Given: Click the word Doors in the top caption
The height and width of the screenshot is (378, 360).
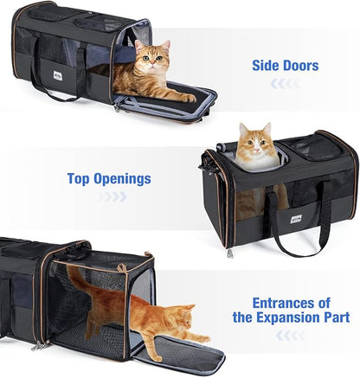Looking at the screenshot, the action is coord(301,66).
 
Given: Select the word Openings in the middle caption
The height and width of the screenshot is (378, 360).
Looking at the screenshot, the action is coord(122,179).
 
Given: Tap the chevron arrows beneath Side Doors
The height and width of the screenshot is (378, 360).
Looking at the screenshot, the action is coord(285,84).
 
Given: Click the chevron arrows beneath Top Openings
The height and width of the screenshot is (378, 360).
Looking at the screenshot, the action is coord(112,196).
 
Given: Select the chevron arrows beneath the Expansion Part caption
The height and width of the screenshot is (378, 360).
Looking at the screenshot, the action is coord(290,336).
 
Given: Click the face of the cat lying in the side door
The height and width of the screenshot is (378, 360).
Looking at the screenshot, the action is coord(152,59).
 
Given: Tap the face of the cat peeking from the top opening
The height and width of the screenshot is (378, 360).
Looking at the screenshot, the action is coord(255,144).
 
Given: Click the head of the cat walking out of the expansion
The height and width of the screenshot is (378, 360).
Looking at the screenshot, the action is coord(183,317).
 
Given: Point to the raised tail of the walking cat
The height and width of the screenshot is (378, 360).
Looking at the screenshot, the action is coord(78,280).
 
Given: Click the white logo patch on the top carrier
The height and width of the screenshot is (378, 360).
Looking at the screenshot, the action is coord(57,75).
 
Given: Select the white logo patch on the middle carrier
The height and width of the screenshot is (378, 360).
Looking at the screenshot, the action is coord(296,219).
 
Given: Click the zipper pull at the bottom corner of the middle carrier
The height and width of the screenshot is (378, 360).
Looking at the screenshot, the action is coord(229,253).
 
